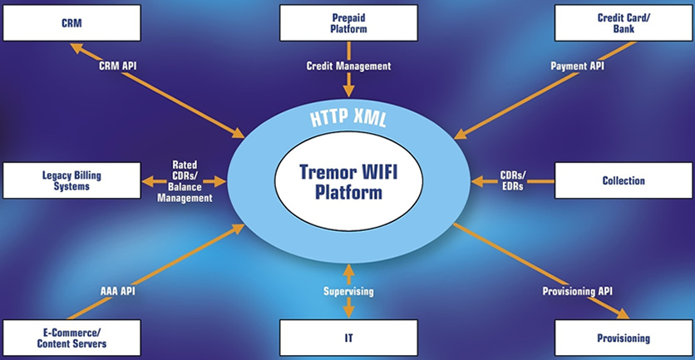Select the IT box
coord(348,338)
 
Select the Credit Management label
coord(347,65)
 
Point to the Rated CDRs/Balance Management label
coord(184,181)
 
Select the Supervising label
coord(348,292)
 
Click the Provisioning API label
coord(577,292)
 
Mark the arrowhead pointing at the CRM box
coord(75,47)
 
